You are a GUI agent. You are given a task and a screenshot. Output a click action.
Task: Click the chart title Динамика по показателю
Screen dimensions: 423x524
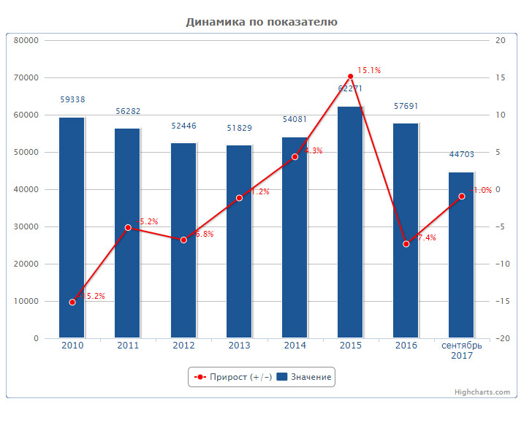[x=262, y=22]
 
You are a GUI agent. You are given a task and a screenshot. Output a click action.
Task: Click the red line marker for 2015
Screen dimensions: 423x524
[x=350, y=77]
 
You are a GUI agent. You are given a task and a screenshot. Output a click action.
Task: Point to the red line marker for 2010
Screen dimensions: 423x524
[x=72, y=302]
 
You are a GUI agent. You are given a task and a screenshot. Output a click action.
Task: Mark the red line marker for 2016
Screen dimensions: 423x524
[x=406, y=243]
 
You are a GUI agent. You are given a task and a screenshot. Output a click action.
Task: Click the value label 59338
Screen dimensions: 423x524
[x=72, y=99]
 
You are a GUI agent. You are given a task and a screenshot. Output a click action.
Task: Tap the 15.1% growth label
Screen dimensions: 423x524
[x=369, y=71]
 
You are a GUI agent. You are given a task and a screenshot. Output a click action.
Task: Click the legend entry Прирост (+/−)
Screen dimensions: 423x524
[x=233, y=377]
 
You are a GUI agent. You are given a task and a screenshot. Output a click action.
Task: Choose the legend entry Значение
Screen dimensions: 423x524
[x=305, y=377]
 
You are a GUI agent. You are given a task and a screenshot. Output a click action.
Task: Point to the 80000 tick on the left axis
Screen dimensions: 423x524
[x=26, y=41]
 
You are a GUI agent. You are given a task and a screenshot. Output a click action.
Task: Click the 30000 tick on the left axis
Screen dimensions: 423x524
[x=26, y=227]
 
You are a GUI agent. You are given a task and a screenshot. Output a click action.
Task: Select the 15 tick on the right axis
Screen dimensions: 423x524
[x=500, y=78]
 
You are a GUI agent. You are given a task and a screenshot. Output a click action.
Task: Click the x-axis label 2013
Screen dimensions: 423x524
[x=239, y=346]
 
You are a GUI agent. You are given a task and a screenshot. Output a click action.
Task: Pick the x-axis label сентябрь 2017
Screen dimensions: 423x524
[x=461, y=351]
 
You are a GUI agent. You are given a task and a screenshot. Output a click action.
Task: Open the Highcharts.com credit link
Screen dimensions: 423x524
[x=482, y=392]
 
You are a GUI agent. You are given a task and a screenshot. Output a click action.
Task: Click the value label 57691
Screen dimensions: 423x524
[x=406, y=106]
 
